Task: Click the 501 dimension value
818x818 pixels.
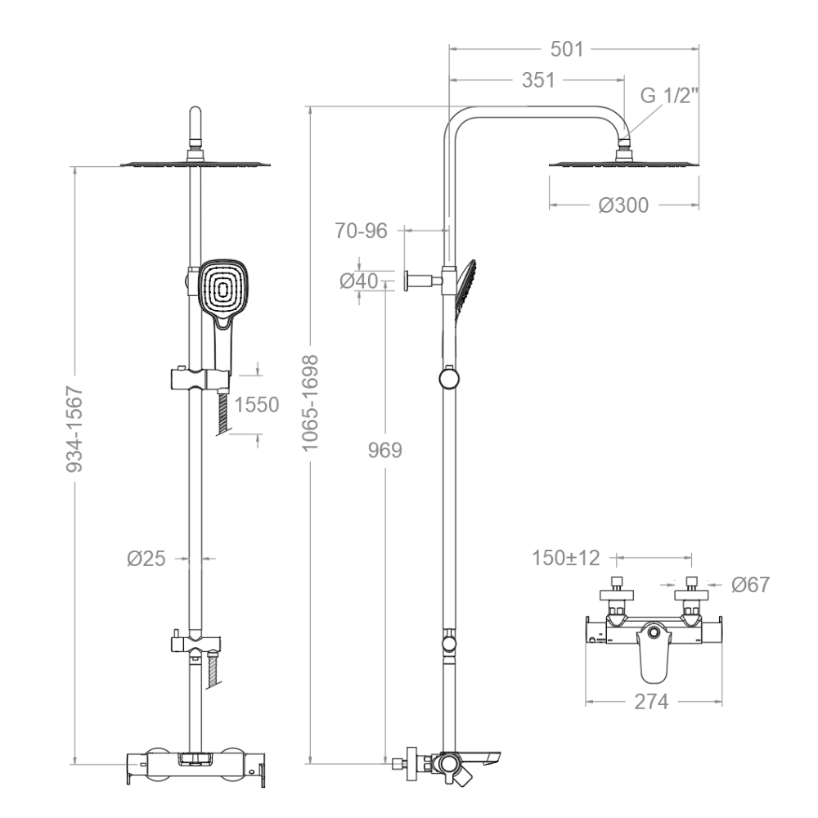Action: click(x=567, y=50)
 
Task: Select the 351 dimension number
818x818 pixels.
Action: click(x=538, y=80)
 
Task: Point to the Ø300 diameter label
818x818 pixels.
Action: click(x=623, y=205)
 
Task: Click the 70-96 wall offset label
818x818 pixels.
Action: click(x=361, y=231)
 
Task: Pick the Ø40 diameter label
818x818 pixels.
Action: click(x=359, y=281)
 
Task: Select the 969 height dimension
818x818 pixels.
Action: click(x=385, y=450)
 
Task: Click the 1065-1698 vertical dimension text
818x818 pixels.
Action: click(x=310, y=402)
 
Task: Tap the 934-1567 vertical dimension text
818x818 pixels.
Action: click(x=74, y=429)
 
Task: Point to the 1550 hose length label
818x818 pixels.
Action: click(x=257, y=405)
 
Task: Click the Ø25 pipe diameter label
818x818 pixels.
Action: click(x=146, y=559)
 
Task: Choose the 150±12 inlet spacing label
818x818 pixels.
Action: click(x=566, y=558)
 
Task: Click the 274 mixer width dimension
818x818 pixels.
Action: click(x=652, y=702)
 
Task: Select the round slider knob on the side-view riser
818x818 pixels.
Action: click(x=448, y=378)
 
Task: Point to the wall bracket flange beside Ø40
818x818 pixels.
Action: click(x=407, y=281)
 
